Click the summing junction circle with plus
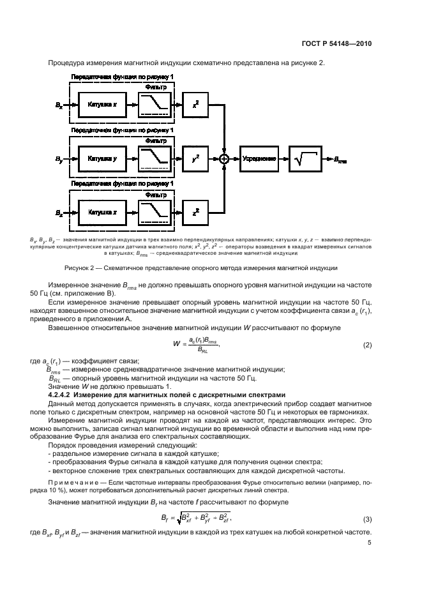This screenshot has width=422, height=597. coord(224,157)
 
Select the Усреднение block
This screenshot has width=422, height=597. coord(259,157)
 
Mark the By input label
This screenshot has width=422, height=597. coord(59,157)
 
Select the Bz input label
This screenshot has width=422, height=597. coord(59,211)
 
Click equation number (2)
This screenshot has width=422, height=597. coord(367,345)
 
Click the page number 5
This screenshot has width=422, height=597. coord(370,544)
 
